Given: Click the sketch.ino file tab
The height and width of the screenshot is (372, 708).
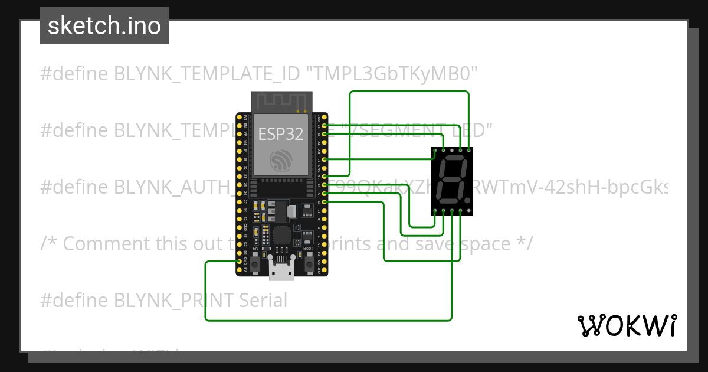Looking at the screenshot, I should [x=104, y=26].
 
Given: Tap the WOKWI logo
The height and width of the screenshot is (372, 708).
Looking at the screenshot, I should [x=626, y=325].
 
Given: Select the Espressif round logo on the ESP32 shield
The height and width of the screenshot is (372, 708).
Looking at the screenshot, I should [x=281, y=161].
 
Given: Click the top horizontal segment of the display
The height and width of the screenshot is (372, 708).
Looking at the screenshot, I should [x=453, y=159].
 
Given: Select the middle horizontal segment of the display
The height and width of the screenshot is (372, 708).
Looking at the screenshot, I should [x=451, y=180].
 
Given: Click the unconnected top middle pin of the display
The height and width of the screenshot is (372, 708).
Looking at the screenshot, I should [x=452, y=150].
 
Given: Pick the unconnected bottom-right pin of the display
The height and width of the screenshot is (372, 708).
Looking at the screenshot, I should [x=469, y=211].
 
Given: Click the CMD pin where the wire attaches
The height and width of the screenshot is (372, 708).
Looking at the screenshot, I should [x=239, y=261].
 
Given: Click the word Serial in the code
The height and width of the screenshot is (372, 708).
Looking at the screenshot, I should [x=263, y=301].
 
